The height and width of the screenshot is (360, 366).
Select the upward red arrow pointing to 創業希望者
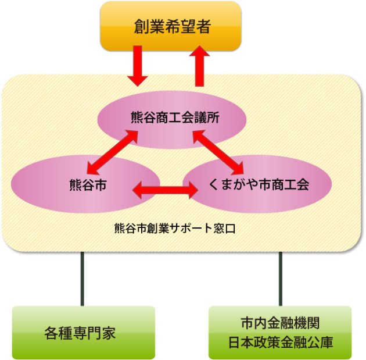coord(202,66)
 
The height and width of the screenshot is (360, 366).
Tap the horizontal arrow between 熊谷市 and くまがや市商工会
coord(166,189)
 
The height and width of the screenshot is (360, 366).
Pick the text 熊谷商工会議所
coord(171,117)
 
